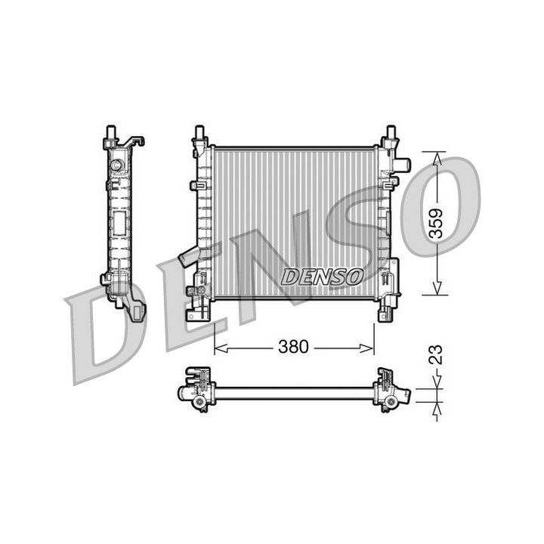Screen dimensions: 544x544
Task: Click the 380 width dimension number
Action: [x=293, y=347]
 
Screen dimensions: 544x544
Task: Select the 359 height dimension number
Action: [x=435, y=223]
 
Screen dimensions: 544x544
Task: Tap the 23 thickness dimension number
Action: [x=435, y=355]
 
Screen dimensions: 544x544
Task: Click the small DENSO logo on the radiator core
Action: [x=322, y=277]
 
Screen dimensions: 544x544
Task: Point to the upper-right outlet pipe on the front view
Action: [x=402, y=164]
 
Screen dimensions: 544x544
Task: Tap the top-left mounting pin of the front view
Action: [x=200, y=134]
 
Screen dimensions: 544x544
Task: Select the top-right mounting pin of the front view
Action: [x=391, y=134]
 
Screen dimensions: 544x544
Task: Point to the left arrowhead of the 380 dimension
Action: [x=219, y=348]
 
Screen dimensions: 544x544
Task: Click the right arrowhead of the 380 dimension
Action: [x=369, y=348]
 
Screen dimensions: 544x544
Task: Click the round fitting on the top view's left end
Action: [x=199, y=402]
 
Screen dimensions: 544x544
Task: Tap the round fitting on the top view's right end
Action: [x=391, y=401]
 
